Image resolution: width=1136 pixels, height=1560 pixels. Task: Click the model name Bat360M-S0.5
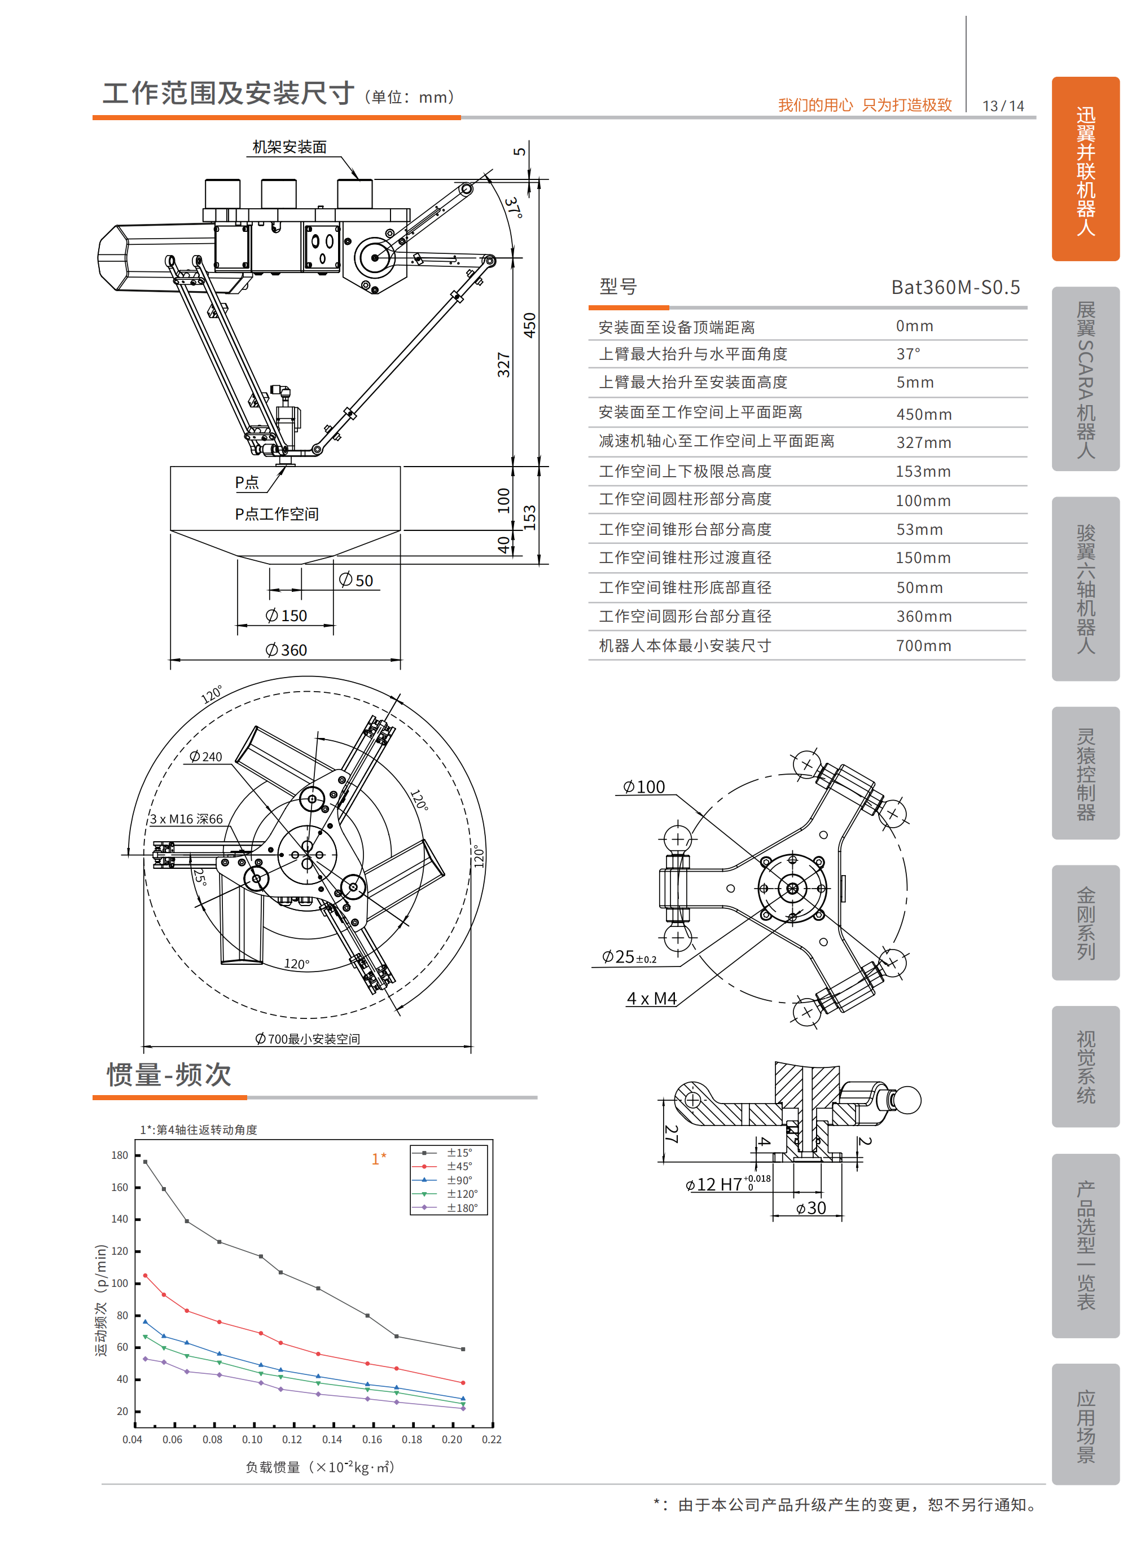pos(955,288)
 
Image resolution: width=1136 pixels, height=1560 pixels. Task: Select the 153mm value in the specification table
pos(923,472)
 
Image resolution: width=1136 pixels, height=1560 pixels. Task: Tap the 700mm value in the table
pos(923,646)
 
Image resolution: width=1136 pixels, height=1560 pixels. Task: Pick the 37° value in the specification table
pos(907,354)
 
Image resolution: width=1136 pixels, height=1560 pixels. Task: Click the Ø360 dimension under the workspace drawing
pos(286,650)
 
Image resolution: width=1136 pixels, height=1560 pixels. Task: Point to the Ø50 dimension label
pos(357,581)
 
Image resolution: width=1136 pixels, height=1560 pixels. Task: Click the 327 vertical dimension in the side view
pos(505,364)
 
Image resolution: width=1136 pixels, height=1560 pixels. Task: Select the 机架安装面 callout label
pos(289,147)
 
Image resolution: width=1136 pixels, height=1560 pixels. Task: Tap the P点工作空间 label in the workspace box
pos(277,515)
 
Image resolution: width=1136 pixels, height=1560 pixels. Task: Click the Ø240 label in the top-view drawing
pos(206,757)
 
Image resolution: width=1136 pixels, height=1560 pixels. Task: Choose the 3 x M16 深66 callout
pos(186,819)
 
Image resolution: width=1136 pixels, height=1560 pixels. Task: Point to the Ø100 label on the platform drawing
pos(644,787)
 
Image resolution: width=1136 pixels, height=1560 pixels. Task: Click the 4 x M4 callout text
pos(652,999)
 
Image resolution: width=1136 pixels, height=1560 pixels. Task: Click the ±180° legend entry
pos(462,1208)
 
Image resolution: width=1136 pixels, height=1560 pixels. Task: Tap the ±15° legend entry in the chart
pos(459,1153)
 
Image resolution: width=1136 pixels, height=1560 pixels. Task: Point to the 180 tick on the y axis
pos(120,1155)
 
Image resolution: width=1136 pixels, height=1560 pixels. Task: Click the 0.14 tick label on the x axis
pos(332,1440)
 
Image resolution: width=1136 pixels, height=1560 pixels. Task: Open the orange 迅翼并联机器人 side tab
pos(1085,169)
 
